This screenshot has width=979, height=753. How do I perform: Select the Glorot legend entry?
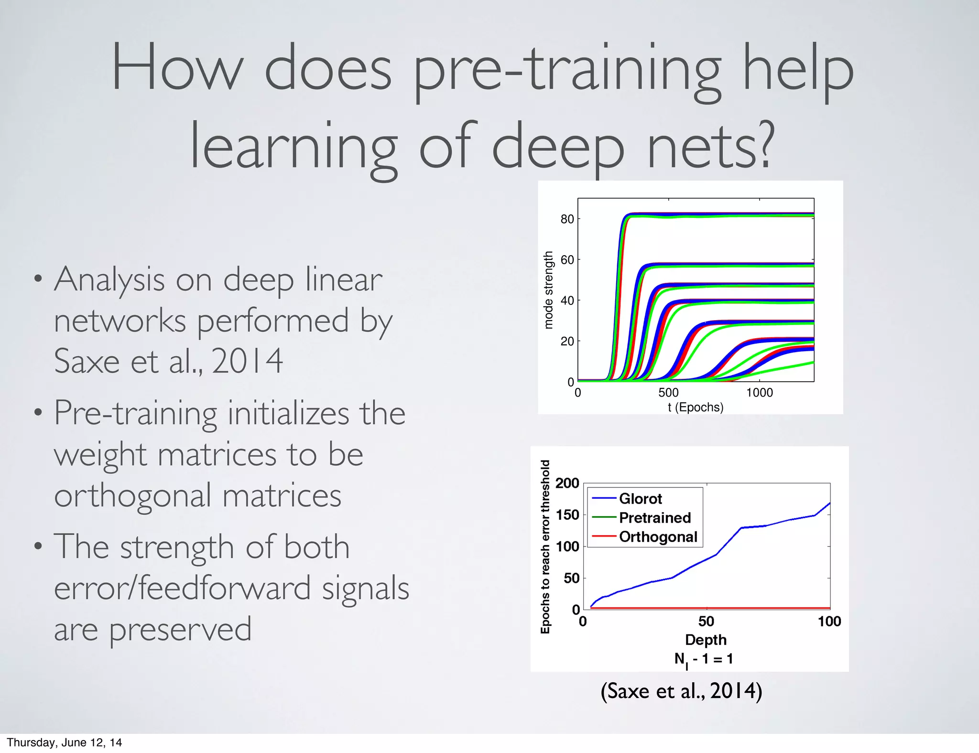click(x=640, y=499)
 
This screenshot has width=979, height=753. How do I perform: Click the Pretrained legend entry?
click(x=654, y=518)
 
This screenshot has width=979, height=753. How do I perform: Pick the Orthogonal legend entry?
click(x=658, y=537)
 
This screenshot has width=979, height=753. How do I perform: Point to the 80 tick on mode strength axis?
click(x=567, y=219)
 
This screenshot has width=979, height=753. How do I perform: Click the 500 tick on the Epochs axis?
click(x=668, y=393)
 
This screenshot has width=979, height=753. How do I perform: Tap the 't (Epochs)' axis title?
click(x=696, y=408)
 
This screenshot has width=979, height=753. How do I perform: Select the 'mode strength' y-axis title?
click(x=548, y=290)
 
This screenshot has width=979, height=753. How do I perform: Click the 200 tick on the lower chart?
click(x=567, y=483)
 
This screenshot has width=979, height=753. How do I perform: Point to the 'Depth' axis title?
click(x=706, y=640)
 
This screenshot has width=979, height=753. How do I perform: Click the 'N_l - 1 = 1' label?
click(x=703, y=659)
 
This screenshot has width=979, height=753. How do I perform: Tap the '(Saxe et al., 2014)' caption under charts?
click(x=681, y=691)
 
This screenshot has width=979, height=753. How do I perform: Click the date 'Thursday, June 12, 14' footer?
click(x=65, y=742)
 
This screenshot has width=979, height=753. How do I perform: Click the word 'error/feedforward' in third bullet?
click(x=182, y=588)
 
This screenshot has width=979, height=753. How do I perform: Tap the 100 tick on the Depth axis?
click(x=829, y=622)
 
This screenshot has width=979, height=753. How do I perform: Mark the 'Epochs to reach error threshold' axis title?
click(x=545, y=547)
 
